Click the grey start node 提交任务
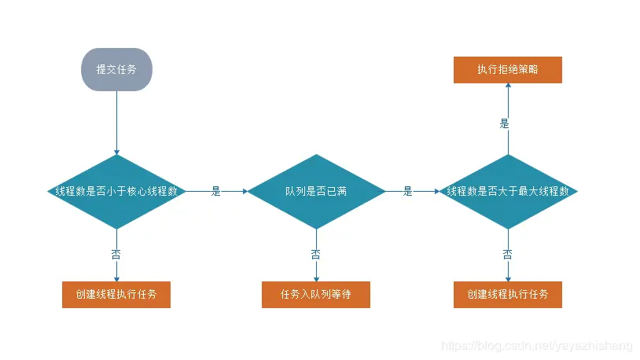(116, 69)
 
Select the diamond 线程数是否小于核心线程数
(116, 191)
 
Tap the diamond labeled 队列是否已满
(316, 191)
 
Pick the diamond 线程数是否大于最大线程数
(508, 191)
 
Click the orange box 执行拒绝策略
(508, 70)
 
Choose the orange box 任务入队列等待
(316, 295)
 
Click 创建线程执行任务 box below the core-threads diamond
(116, 295)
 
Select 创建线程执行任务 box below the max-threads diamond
(508, 295)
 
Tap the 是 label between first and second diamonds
(216, 191)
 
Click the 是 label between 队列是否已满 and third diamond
(408, 191)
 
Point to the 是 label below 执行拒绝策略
(505, 123)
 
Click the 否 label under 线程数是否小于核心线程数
(116, 254)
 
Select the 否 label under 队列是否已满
(316, 254)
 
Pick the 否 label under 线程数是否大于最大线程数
(508, 254)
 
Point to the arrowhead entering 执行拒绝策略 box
(508, 87)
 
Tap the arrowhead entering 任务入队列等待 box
(316, 277)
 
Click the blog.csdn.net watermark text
(537, 345)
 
